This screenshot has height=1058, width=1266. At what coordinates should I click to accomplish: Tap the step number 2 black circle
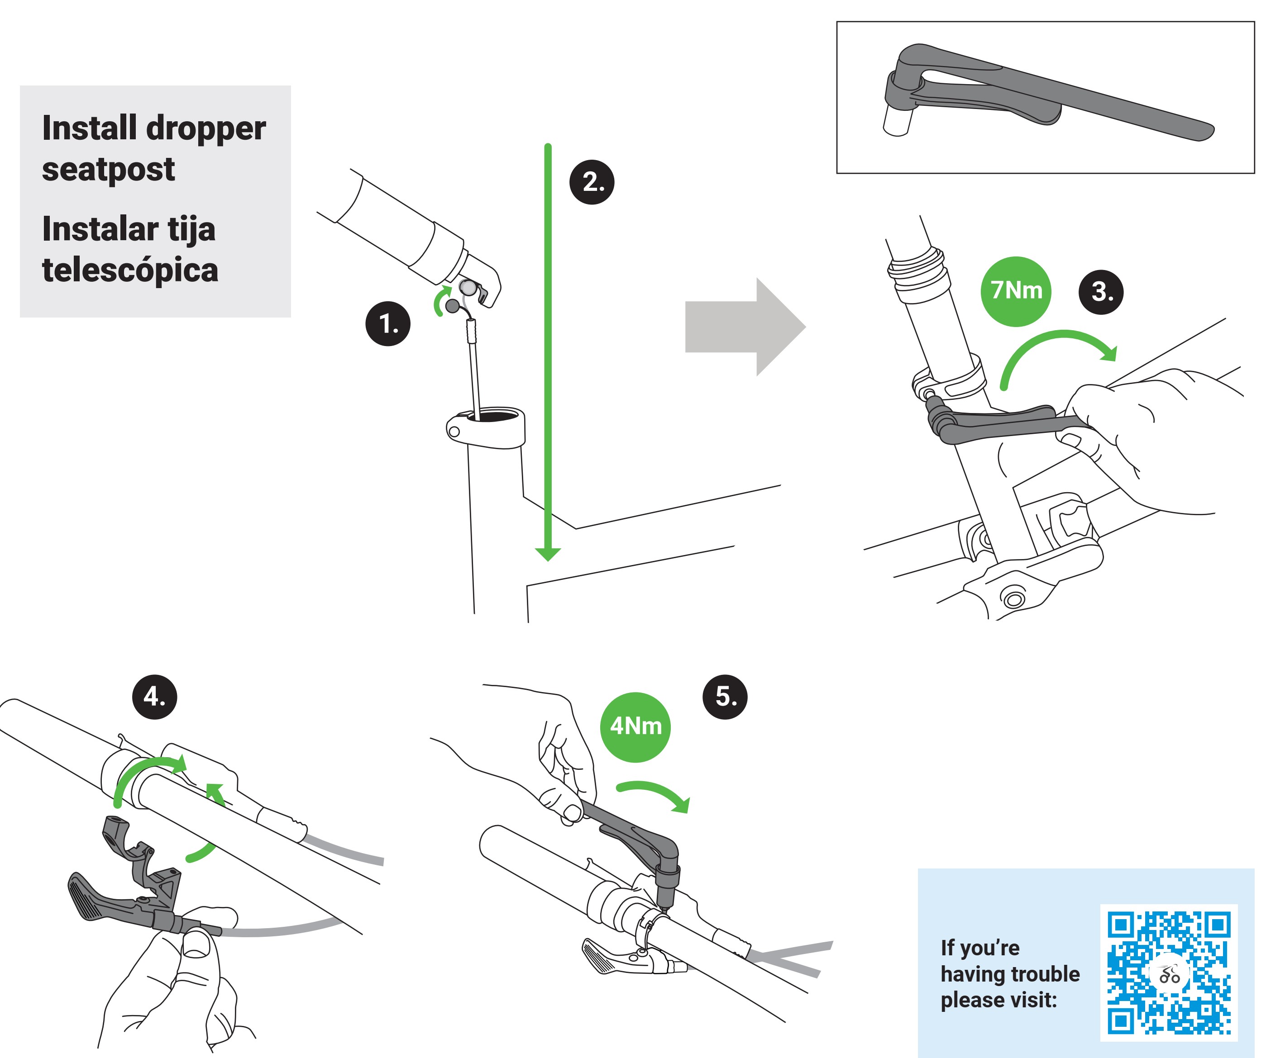(x=592, y=182)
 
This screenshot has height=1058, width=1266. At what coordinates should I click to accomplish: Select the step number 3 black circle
(x=1101, y=292)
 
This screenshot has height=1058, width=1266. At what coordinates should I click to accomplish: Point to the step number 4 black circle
(x=154, y=697)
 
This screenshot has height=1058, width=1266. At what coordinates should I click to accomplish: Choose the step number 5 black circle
(x=725, y=697)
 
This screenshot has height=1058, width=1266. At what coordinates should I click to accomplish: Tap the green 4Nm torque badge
(x=635, y=726)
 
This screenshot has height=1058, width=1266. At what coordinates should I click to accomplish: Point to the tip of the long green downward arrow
(x=547, y=557)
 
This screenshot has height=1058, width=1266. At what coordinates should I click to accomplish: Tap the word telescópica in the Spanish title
(x=130, y=270)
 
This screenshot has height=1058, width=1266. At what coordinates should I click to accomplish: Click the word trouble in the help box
(x=1041, y=974)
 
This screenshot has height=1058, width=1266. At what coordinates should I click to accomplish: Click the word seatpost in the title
(x=109, y=169)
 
